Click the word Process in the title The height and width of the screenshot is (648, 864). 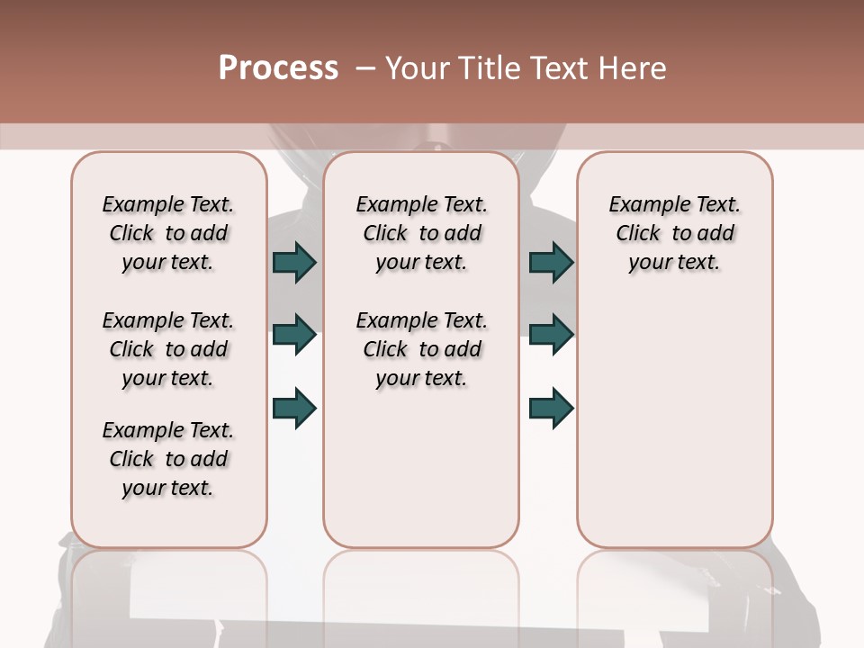point(278,68)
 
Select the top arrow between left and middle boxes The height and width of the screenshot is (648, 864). point(294,262)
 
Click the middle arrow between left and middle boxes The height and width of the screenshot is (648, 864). point(294,335)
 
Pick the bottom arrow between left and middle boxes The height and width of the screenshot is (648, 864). point(294,408)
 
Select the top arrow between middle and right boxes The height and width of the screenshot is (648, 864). point(551,262)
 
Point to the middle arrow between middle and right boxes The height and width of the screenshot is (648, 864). point(551,335)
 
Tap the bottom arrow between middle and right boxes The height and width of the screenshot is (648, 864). point(551,408)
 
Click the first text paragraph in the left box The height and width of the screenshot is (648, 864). point(168,233)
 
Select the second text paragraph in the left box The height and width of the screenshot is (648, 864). point(168,349)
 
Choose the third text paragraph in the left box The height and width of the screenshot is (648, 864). point(168,459)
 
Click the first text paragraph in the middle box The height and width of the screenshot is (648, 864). point(421,233)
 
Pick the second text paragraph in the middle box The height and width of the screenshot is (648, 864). point(421,349)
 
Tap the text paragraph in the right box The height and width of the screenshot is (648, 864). point(675,233)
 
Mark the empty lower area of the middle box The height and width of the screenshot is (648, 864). point(421,468)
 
